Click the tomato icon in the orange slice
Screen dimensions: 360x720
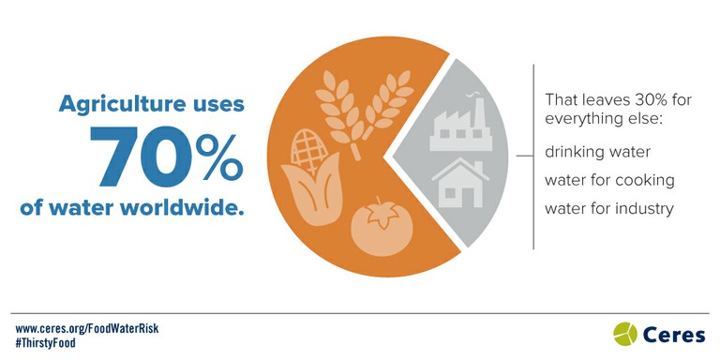(x=375, y=224)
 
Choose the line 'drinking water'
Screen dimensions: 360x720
(x=597, y=151)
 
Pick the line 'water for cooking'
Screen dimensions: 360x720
(x=609, y=179)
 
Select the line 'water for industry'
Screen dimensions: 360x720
(x=608, y=208)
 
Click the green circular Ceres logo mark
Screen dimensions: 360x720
(x=625, y=333)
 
